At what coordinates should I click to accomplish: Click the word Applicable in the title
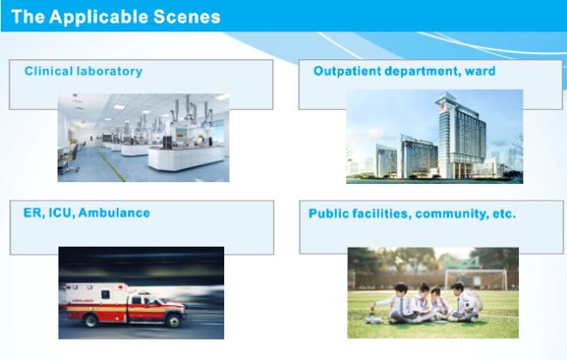tap(99, 17)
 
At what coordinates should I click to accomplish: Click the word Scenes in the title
tap(186, 17)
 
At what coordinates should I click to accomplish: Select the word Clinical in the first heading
tap(49, 71)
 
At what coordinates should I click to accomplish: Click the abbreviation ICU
tap(61, 213)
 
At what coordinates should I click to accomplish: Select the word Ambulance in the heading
tap(114, 213)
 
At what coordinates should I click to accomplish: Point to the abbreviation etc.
tap(504, 214)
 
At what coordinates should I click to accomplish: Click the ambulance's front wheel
tap(174, 320)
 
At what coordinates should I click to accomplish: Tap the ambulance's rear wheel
tap(91, 320)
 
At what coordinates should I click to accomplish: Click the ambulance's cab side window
tap(138, 300)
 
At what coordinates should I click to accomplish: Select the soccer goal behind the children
tap(475, 280)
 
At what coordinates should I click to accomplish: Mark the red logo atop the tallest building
tap(441, 105)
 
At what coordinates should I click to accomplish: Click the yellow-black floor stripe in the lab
tap(112, 166)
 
